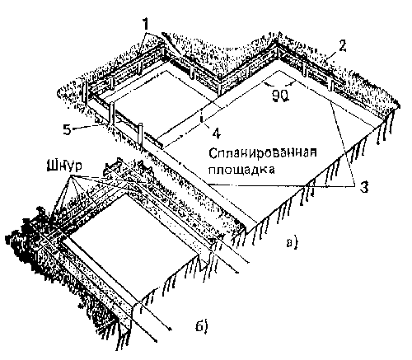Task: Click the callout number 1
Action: [x=146, y=25]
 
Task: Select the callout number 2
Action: [x=342, y=46]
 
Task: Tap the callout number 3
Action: [x=364, y=188]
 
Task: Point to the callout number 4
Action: [x=217, y=133]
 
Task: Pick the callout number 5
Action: [x=67, y=129]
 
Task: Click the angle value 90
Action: [x=280, y=96]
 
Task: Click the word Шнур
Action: [x=65, y=166]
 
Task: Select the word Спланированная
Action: [x=262, y=152]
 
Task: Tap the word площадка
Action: [x=241, y=170]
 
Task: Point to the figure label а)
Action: [x=292, y=243]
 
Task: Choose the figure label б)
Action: [x=202, y=326]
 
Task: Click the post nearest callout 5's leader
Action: [x=111, y=114]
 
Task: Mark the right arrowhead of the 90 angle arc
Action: [x=294, y=82]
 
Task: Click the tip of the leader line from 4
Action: [x=202, y=119]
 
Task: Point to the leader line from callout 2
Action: [x=331, y=58]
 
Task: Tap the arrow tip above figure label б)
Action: [x=171, y=329]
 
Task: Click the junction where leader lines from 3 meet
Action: [x=353, y=186]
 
